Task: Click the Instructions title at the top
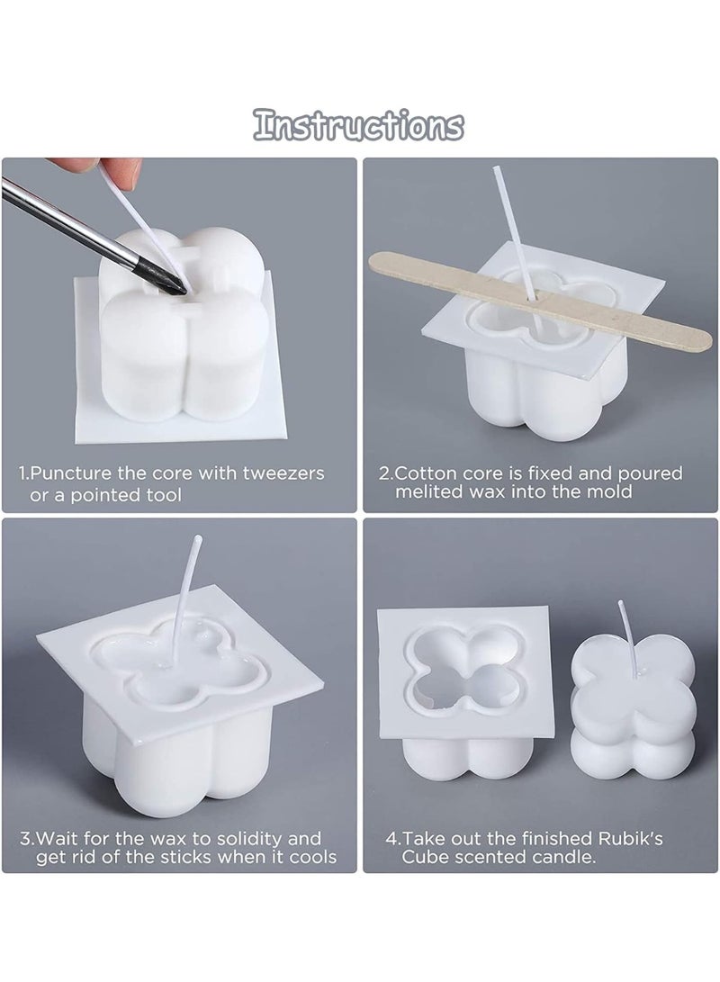[359, 125]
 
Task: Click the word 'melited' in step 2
[429, 491]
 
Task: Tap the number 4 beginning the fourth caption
[391, 838]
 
